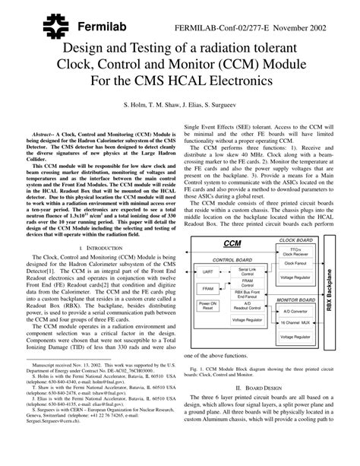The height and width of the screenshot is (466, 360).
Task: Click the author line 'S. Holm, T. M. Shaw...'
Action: pos(180,101)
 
